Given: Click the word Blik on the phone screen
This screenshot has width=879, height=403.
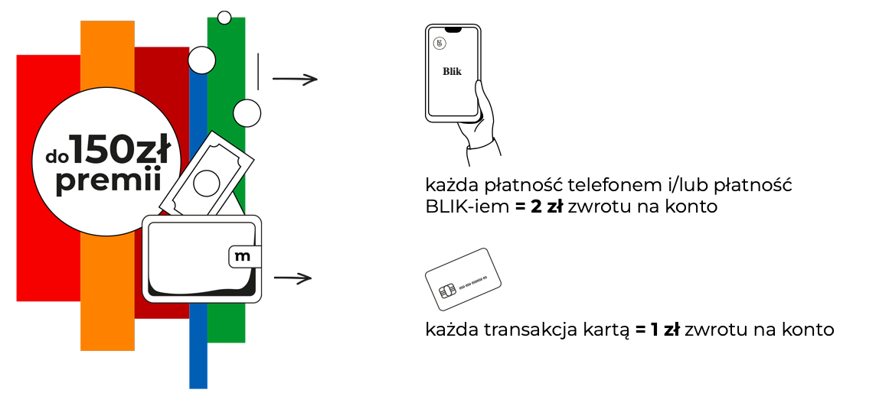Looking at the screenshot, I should (453, 72).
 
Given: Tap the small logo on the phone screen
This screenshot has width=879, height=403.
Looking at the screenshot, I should (439, 44).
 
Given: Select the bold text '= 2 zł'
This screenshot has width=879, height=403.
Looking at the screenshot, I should (539, 207).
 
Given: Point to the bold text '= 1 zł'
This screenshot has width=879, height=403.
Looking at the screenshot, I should (658, 330).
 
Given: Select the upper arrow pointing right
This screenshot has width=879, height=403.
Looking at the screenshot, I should (295, 79).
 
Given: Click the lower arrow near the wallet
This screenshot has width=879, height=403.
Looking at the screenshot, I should (292, 278).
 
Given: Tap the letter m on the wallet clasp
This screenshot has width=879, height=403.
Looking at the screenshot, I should (243, 256).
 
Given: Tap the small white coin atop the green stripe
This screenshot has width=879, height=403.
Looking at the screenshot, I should (224, 17).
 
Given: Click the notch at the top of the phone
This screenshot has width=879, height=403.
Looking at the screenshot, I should (453, 29).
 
